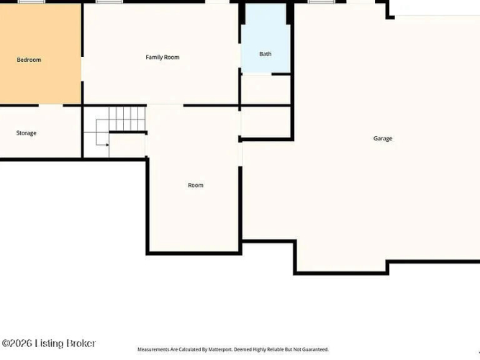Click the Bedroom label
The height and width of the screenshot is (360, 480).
[x=29, y=60]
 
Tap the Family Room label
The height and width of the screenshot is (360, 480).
[x=163, y=58]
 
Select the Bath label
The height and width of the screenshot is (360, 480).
[x=265, y=54]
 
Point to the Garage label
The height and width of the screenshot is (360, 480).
[x=383, y=138]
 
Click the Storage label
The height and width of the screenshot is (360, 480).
[x=27, y=133]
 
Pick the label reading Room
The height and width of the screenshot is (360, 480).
[x=196, y=185]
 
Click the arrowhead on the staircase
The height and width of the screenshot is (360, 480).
[x=107, y=145]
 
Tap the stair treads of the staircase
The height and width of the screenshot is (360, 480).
[x=127, y=119]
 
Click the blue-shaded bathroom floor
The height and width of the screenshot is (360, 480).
[x=266, y=40]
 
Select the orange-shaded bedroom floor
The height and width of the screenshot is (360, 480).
[x=40, y=53]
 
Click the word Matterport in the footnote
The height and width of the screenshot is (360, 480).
[x=219, y=349]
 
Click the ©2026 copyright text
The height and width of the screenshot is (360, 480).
[x=17, y=343]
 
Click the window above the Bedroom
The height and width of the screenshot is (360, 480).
[x=31, y=1]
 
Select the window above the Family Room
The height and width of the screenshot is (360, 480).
[x=109, y=1]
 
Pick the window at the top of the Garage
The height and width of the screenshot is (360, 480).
[x=322, y=1]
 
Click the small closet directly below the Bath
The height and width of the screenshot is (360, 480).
[x=266, y=89]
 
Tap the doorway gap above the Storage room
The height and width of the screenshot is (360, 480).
[x=51, y=105]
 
